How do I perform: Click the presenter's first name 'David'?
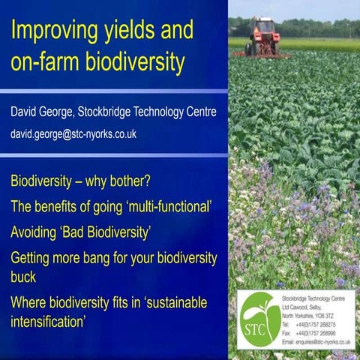click(x=28, y=113)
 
